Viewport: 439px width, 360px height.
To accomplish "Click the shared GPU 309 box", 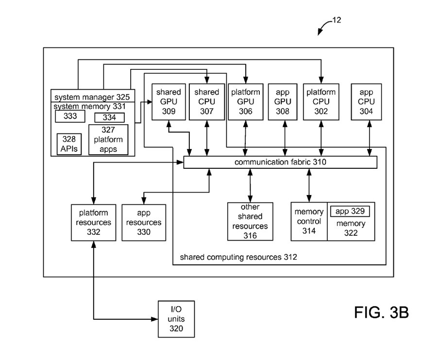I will point(169,101).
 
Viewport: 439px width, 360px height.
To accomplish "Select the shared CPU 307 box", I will point(207,101).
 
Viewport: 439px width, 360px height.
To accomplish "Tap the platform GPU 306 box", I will point(245,101).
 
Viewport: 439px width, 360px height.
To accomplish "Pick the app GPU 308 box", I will point(283,101).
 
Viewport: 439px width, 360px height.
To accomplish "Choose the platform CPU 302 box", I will point(321,101).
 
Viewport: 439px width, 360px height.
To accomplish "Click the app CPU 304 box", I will point(366,101).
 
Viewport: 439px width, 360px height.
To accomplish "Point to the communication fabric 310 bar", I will point(280,162).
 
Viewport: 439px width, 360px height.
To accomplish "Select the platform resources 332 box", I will point(93,222).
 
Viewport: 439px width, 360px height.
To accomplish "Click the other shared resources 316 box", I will point(250,221).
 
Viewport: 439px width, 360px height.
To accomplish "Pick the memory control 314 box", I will point(309,221).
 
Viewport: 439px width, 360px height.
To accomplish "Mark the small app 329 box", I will point(350,212).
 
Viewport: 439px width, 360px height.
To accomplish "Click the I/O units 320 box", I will point(176,319).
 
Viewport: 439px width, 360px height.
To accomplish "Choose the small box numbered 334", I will point(109,117).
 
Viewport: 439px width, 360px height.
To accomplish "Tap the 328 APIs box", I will point(69,144).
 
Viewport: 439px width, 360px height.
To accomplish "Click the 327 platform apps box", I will point(108,140).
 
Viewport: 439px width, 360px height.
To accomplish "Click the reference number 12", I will point(337,20).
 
